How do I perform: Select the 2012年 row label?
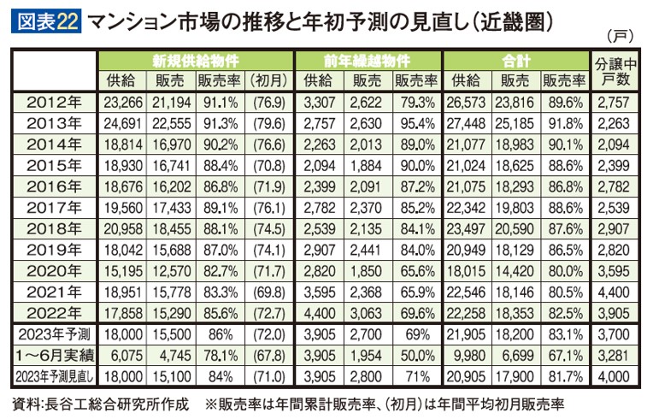pos(54,103)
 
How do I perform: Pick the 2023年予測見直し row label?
pos(54,375)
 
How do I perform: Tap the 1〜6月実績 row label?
pos(54,354)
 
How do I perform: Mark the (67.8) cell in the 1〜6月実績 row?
pos(268,354)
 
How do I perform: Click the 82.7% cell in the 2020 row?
pos(220,270)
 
